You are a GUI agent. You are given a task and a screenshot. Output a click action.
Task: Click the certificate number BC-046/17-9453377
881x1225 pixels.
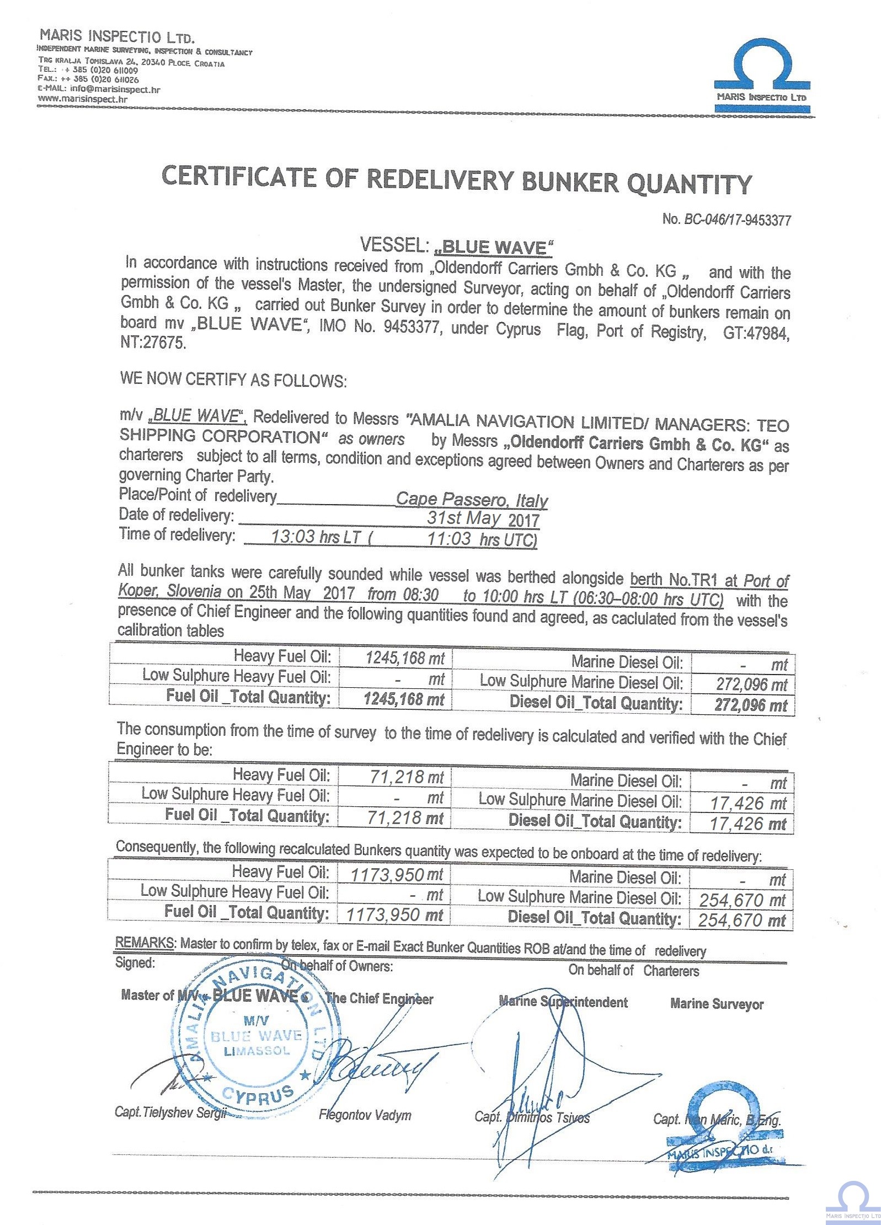[737, 220]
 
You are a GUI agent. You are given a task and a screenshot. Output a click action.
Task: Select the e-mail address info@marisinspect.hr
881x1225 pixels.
[115, 89]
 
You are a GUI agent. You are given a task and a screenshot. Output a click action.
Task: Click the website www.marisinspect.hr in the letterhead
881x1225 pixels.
[83, 99]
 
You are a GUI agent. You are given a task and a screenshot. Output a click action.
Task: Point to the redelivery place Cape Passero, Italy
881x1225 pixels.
[472, 500]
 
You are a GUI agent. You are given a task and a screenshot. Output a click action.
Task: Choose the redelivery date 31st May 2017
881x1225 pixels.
[483, 519]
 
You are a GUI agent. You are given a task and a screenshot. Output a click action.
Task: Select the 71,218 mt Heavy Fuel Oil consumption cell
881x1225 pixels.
[407, 777]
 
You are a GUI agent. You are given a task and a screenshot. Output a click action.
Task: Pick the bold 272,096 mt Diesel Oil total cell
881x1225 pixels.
[751, 705]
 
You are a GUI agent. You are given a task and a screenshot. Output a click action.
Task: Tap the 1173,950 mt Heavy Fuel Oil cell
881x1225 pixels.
[397, 874]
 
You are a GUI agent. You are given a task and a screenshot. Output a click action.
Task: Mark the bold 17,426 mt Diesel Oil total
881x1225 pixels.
[747, 824]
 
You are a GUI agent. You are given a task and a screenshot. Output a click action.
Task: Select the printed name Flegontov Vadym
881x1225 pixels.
[365, 1115]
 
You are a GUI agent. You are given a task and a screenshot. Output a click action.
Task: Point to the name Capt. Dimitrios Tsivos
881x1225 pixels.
[532, 1117]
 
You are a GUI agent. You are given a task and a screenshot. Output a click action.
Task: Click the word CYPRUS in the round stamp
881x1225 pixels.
[258, 1095]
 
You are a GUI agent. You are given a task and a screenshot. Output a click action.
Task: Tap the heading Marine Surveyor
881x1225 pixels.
[717, 1004]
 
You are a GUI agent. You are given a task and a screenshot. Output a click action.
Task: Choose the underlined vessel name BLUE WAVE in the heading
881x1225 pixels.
[494, 248]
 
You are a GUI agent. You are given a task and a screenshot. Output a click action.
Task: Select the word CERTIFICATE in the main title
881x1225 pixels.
[239, 176]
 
